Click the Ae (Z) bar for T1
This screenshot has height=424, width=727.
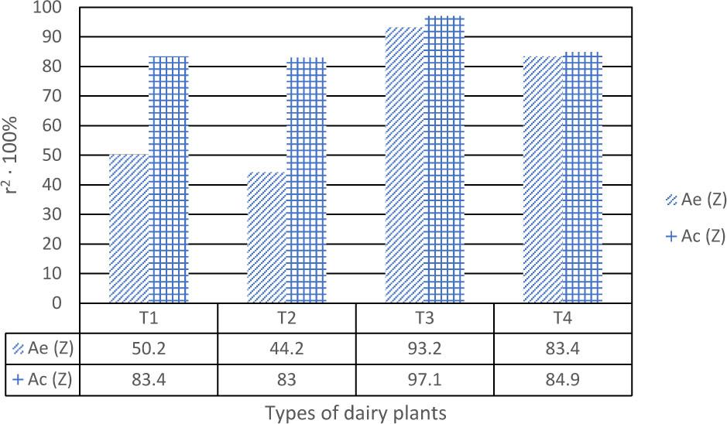click(x=129, y=229)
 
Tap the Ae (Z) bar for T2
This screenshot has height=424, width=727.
click(x=266, y=238)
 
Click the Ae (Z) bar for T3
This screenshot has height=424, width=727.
click(x=404, y=165)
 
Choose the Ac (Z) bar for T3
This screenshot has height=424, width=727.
click(x=444, y=159)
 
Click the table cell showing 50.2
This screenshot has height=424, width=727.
click(x=149, y=349)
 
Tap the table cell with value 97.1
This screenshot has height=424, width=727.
click(x=424, y=380)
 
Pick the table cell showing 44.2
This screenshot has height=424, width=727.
click(x=286, y=349)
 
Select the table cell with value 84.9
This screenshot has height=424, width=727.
click(x=562, y=380)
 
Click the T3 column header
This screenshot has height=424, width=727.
click(x=424, y=318)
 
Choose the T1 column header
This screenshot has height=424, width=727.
click(x=149, y=318)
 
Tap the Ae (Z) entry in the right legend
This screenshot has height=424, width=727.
click(x=696, y=200)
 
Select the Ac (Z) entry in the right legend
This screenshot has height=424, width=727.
click(x=696, y=237)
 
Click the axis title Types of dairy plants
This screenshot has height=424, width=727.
click(x=355, y=413)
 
